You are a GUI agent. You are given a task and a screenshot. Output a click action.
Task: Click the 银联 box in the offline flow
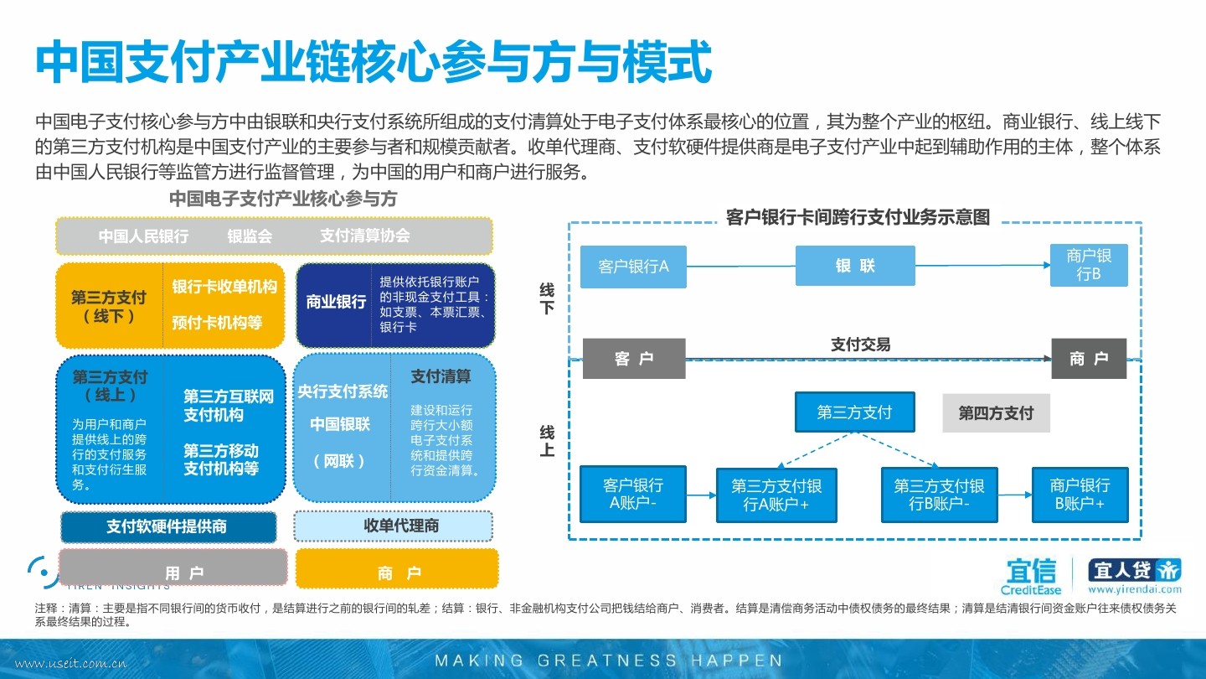pyautogui.click(x=855, y=266)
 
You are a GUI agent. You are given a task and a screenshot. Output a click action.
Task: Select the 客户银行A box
pyautogui.click(x=633, y=267)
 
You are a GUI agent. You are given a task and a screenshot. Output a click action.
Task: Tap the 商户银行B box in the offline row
pyautogui.click(x=1089, y=265)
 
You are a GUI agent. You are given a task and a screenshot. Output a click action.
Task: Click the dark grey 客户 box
pyautogui.click(x=634, y=359)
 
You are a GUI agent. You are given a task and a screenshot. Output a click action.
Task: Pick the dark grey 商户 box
pyautogui.click(x=1089, y=359)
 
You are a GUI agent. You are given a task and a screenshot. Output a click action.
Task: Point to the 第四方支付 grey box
pyautogui.click(x=996, y=412)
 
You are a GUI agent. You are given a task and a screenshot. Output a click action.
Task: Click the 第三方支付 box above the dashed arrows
pyautogui.click(x=854, y=412)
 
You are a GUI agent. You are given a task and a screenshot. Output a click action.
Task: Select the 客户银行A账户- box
pyautogui.click(x=633, y=495)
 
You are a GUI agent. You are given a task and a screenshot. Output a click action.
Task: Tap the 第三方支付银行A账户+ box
pyautogui.click(x=776, y=495)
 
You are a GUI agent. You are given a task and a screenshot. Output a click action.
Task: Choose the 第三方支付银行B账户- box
pyautogui.click(x=939, y=495)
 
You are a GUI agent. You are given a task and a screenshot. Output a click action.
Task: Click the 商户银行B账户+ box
pyautogui.click(x=1080, y=495)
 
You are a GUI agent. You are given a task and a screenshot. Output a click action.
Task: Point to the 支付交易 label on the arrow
pyautogui.click(x=860, y=345)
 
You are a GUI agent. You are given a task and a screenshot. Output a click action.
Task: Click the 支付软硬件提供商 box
pyautogui.click(x=167, y=527)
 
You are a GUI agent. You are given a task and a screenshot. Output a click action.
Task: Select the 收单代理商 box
pyautogui.click(x=393, y=526)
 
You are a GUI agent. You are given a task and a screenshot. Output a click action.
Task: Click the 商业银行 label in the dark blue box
pyautogui.click(x=336, y=302)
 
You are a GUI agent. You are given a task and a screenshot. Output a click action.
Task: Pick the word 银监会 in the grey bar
pyautogui.click(x=250, y=236)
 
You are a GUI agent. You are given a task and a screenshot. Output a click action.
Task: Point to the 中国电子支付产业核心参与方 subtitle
pyautogui.click(x=283, y=199)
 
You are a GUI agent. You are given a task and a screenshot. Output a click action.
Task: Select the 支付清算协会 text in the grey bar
pyautogui.click(x=364, y=236)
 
